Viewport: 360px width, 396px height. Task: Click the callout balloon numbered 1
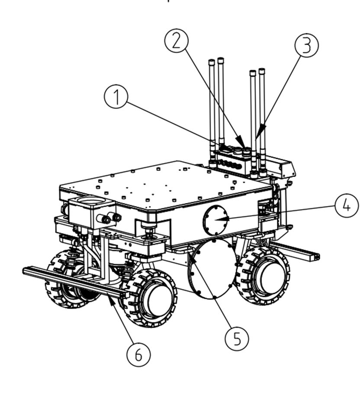pyautogui.click(x=116, y=97)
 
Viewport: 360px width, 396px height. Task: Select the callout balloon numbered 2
pyautogui.click(x=177, y=41)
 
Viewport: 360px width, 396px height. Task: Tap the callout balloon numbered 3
pyautogui.click(x=307, y=45)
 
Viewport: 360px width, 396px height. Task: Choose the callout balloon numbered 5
pyautogui.click(x=237, y=338)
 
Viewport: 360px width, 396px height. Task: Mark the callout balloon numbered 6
pyautogui.click(x=138, y=354)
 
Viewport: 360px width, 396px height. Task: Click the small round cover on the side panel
pyautogui.click(x=215, y=220)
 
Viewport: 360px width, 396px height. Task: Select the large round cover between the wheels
pyautogui.click(x=212, y=269)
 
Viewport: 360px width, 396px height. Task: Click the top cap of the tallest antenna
pyautogui.click(x=221, y=60)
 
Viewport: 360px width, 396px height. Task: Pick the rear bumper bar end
pyautogui.click(x=314, y=257)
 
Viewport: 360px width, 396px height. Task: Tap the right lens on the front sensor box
pyautogui.click(x=117, y=217)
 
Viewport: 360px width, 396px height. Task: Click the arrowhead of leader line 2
pyautogui.click(x=240, y=142)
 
